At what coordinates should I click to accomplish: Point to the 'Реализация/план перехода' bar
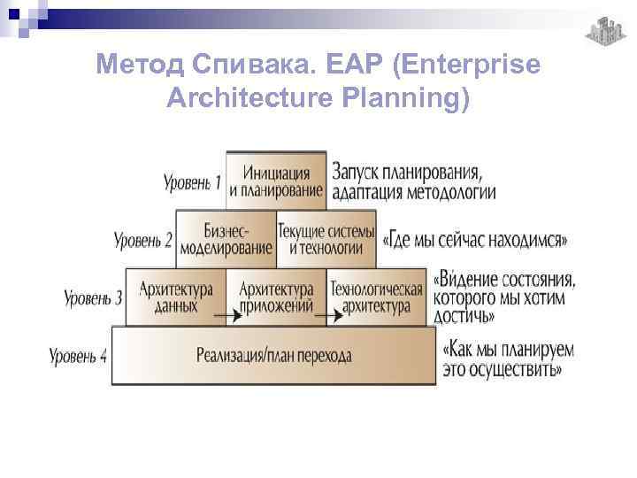point(273,356)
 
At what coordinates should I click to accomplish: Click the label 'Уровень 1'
point(192,183)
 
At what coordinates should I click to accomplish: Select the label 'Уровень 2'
point(142,239)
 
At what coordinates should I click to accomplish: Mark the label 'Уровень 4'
point(78,357)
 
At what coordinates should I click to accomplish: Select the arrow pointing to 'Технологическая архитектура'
point(327,313)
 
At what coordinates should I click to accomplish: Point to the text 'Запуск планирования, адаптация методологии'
point(413,181)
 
